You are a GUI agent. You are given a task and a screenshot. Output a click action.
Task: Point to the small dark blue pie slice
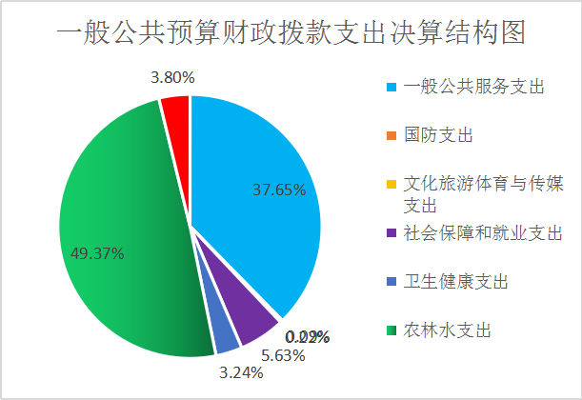click(x=225, y=334)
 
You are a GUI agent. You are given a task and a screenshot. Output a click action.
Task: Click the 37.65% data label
click(x=278, y=190)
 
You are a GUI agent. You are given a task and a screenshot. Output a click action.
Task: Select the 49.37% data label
click(x=97, y=253)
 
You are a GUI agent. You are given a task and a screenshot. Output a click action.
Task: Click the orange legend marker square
click(x=391, y=136)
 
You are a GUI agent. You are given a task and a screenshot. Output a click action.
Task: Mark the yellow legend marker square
click(x=391, y=185)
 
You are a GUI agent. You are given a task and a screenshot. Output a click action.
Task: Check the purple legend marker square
click(x=391, y=233)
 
